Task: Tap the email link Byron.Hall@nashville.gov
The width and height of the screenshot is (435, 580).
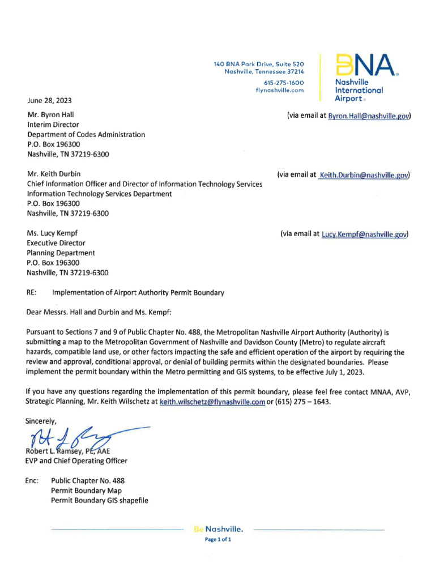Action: (369, 116)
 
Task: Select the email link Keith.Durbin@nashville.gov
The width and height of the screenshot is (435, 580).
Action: (363, 175)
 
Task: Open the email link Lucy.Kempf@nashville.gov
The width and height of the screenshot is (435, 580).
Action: (364, 234)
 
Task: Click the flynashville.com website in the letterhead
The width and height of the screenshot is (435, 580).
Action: (280, 90)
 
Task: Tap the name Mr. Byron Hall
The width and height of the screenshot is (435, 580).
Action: (50, 114)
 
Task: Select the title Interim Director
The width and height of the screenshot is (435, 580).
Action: (53, 125)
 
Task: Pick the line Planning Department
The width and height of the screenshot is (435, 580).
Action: (61, 253)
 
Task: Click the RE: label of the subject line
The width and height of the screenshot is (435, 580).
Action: (32, 293)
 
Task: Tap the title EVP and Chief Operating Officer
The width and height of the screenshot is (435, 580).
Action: (77, 461)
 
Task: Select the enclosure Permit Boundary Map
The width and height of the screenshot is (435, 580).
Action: (86, 491)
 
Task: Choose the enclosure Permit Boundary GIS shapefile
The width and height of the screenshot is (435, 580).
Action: (99, 500)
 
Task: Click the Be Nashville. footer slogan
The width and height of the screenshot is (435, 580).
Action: (218, 530)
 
